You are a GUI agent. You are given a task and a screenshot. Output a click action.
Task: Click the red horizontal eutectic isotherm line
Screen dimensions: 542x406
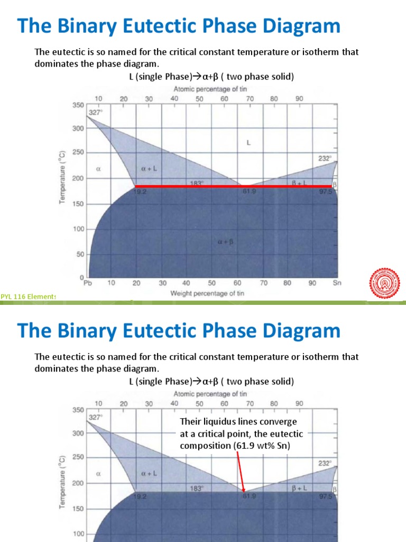point(211,186)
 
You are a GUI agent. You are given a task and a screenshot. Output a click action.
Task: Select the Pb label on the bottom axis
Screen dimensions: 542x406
point(88,283)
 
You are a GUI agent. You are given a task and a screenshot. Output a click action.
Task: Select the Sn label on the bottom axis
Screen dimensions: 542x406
point(337,283)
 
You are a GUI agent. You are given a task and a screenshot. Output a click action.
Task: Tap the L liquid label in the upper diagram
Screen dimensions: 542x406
point(248,142)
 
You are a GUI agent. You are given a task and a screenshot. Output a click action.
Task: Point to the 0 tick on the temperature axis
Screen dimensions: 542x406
point(81,278)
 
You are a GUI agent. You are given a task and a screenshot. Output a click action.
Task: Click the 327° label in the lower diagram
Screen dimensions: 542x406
point(95,417)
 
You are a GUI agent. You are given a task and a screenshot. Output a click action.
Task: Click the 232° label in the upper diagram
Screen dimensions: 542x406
point(325,158)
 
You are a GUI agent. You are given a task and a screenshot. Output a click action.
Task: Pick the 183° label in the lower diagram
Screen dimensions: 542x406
point(196,489)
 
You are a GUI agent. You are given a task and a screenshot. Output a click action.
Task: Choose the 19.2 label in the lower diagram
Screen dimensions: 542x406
point(140,496)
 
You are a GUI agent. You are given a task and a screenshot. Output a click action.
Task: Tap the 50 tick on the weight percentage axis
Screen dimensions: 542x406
point(211,283)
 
